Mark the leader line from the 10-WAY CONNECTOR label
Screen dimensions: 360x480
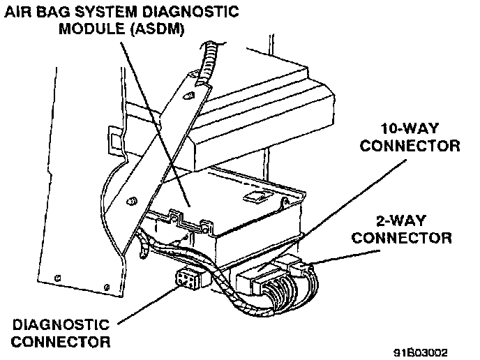[349, 202]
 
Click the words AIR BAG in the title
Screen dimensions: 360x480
[33, 12]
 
